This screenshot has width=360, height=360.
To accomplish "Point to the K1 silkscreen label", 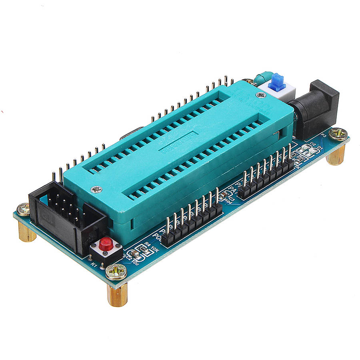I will click(x=94, y=264).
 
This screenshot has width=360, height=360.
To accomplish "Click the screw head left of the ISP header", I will click(x=23, y=208).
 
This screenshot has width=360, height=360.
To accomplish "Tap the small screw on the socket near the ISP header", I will click(x=96, y=189).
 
